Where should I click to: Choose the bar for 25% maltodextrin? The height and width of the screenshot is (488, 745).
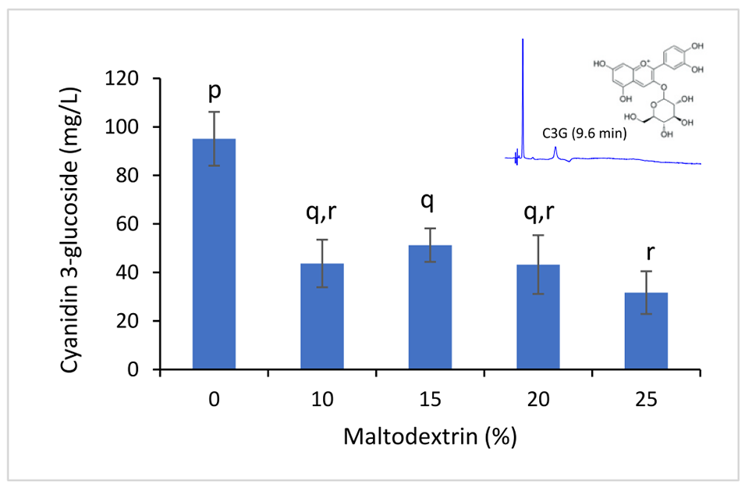tap(646, 331)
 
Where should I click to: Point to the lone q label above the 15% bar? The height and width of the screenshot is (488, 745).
tap(430, 202)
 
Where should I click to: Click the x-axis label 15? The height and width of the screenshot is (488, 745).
tap(430, 399)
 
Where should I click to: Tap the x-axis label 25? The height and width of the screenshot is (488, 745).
tap(647, 399)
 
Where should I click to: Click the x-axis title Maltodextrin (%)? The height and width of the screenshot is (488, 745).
tap(430, 436)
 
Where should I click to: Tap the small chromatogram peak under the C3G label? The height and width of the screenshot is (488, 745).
tap(555, 150)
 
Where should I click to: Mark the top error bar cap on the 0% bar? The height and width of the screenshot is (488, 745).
tap(214, 112)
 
